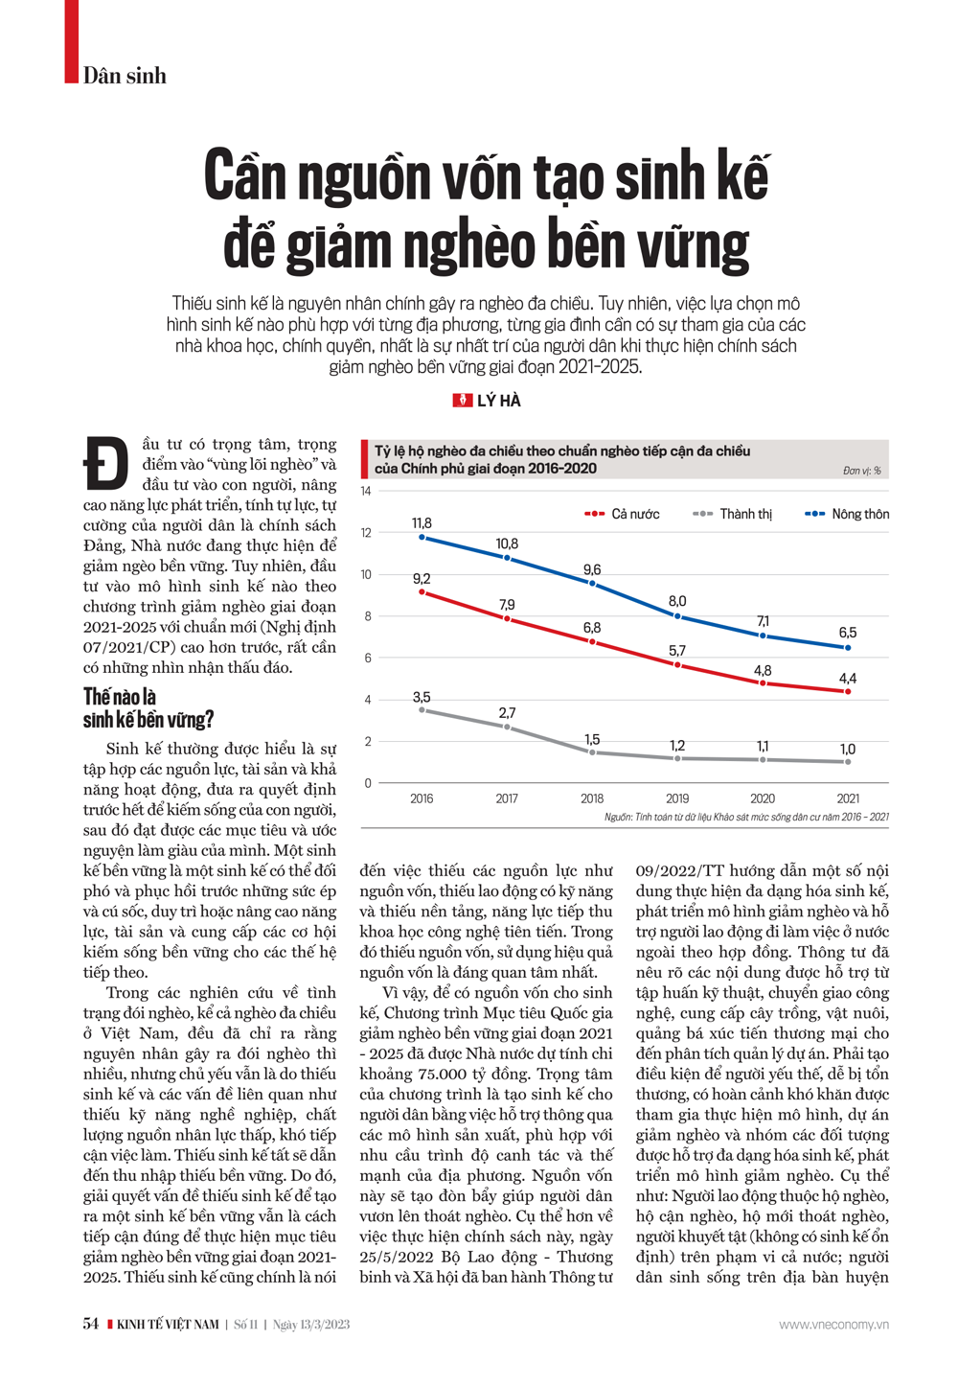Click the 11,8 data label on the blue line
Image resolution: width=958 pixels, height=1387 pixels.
(422, 523)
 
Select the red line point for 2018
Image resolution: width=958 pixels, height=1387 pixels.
(592, 641)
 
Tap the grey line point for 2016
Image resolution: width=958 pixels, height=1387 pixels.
(422, 710)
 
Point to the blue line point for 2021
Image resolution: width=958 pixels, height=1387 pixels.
(848, 648)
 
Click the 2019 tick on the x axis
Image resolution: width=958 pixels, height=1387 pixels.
(677, 798)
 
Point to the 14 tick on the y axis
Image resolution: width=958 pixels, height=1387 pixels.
(366, 492)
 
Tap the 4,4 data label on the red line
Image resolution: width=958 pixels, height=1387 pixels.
(848, 679)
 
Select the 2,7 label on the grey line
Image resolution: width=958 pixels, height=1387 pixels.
(507, 713)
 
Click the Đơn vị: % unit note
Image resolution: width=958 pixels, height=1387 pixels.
(862, 471)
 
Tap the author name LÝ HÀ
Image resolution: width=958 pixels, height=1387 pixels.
(499, 401)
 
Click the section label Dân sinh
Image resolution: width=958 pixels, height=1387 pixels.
(125, 76)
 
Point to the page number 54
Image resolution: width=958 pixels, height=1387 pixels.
(91, 1324)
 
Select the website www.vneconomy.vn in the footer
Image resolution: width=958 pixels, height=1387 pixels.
(833, 1325)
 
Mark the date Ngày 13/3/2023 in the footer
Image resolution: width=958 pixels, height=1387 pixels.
(311, 1325)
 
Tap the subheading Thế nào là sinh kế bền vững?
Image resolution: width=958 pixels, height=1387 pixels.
(148, 708)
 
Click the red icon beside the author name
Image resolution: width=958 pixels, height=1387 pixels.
(462, 401)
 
